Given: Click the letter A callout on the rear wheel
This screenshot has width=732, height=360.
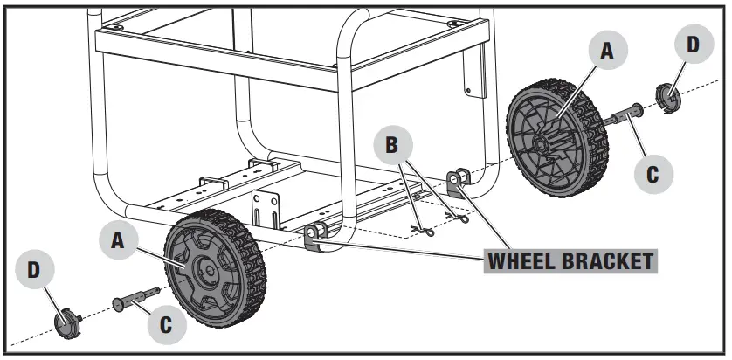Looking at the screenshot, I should click(x=604, y=51).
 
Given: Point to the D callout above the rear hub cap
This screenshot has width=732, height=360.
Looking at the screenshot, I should click(x=693, y=45).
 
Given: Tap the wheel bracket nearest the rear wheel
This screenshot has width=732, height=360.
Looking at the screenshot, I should click(x=458, y=183).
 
